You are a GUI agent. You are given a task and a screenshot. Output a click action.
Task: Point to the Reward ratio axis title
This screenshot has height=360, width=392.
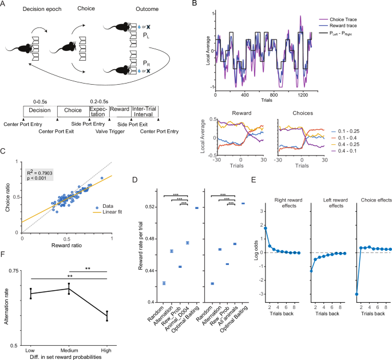[68, 245]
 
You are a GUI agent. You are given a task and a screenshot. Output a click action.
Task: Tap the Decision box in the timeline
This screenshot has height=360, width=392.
[40, 111]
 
